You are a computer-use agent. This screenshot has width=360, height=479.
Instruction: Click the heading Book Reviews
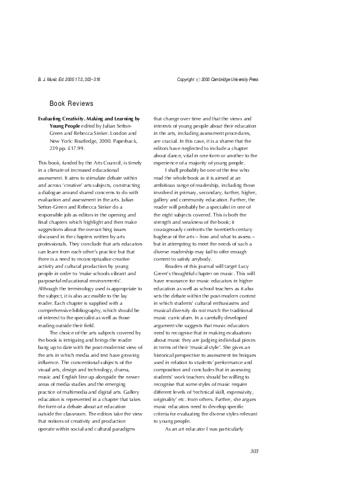(x=71, y=103)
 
